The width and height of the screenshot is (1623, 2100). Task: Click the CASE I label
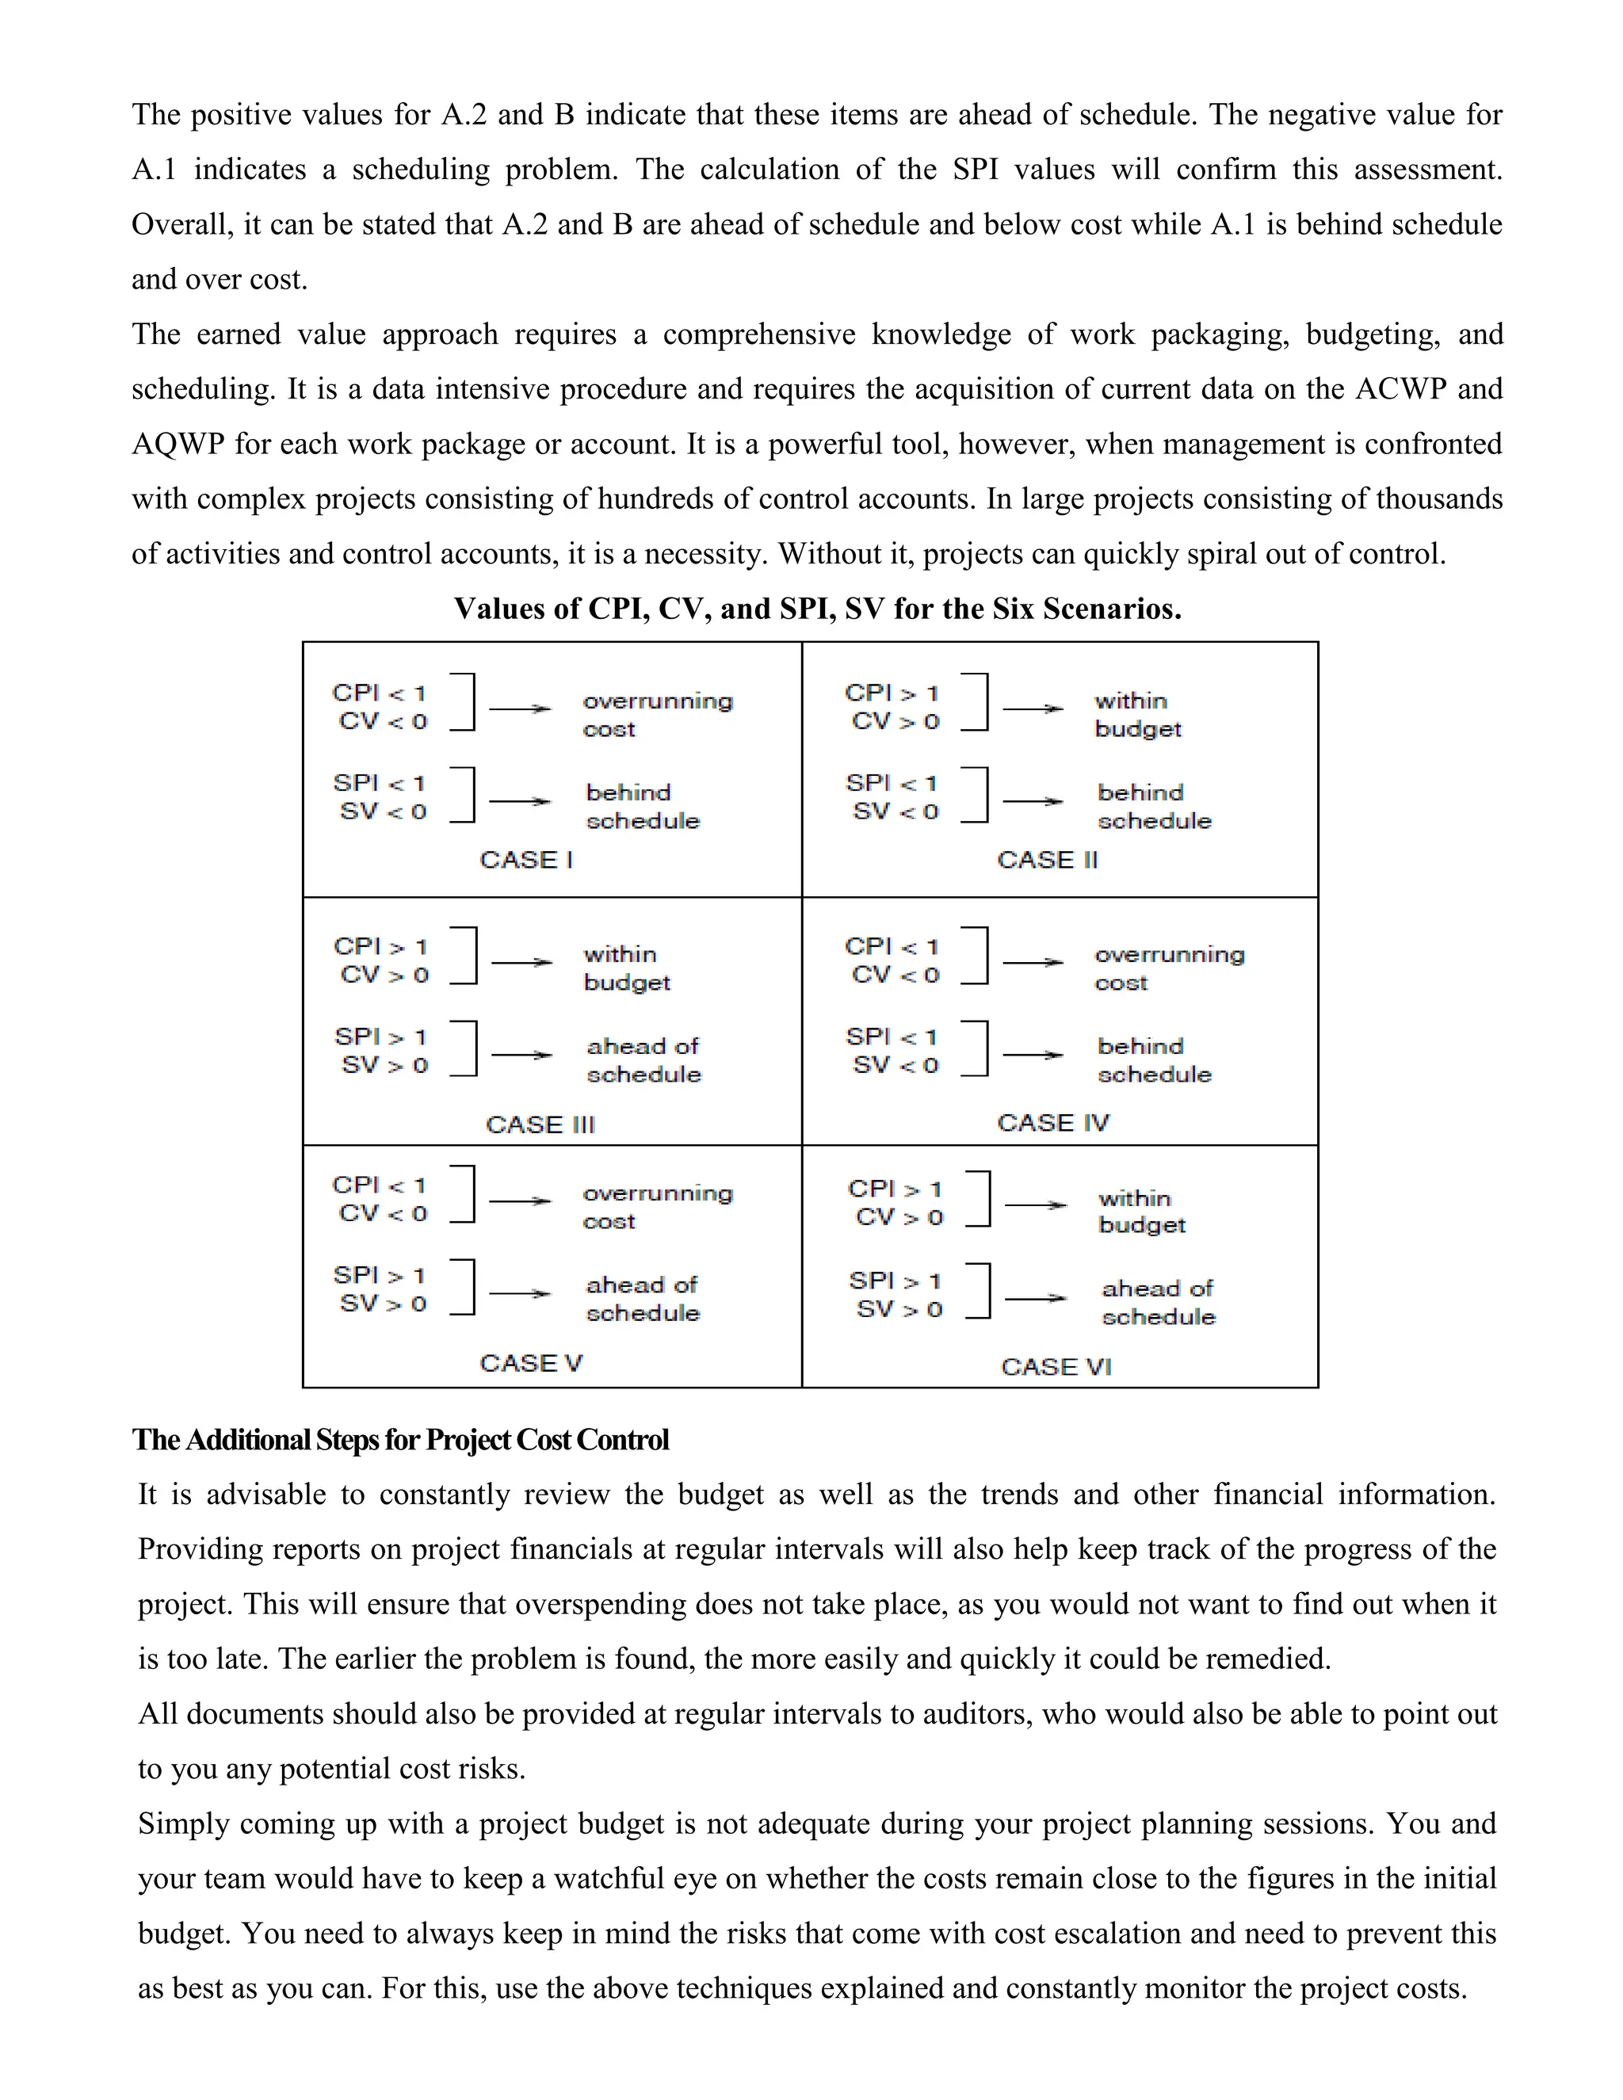coord(526,859)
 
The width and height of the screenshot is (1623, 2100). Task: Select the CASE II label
coord(1046,859)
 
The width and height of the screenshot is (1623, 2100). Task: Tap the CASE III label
coord(540,1124)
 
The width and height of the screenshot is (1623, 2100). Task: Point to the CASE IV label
coord(1053,1122)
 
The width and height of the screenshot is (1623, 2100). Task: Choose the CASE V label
coord(531,1362)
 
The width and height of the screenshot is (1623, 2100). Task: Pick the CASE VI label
coord(1056,1366)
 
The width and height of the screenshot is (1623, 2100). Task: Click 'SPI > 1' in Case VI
coord(894,1281)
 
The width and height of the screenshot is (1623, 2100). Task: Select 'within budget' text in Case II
coord(1137,715)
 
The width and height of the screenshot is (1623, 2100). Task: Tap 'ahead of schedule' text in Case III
coord(643,1060)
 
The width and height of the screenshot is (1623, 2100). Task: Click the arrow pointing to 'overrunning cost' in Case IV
coord(1033,961)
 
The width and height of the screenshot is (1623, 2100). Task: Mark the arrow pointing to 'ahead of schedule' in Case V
coord(520,1294)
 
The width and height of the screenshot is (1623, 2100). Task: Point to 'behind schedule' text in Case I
coord(642,806)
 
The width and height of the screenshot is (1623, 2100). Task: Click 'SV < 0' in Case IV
coord(894,1064)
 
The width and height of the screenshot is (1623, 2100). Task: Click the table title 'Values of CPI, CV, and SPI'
coord(817,609)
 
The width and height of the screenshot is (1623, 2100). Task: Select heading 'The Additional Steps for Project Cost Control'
coord(400,1439)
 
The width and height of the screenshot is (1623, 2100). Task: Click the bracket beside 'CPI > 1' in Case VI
coord(983,1199)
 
